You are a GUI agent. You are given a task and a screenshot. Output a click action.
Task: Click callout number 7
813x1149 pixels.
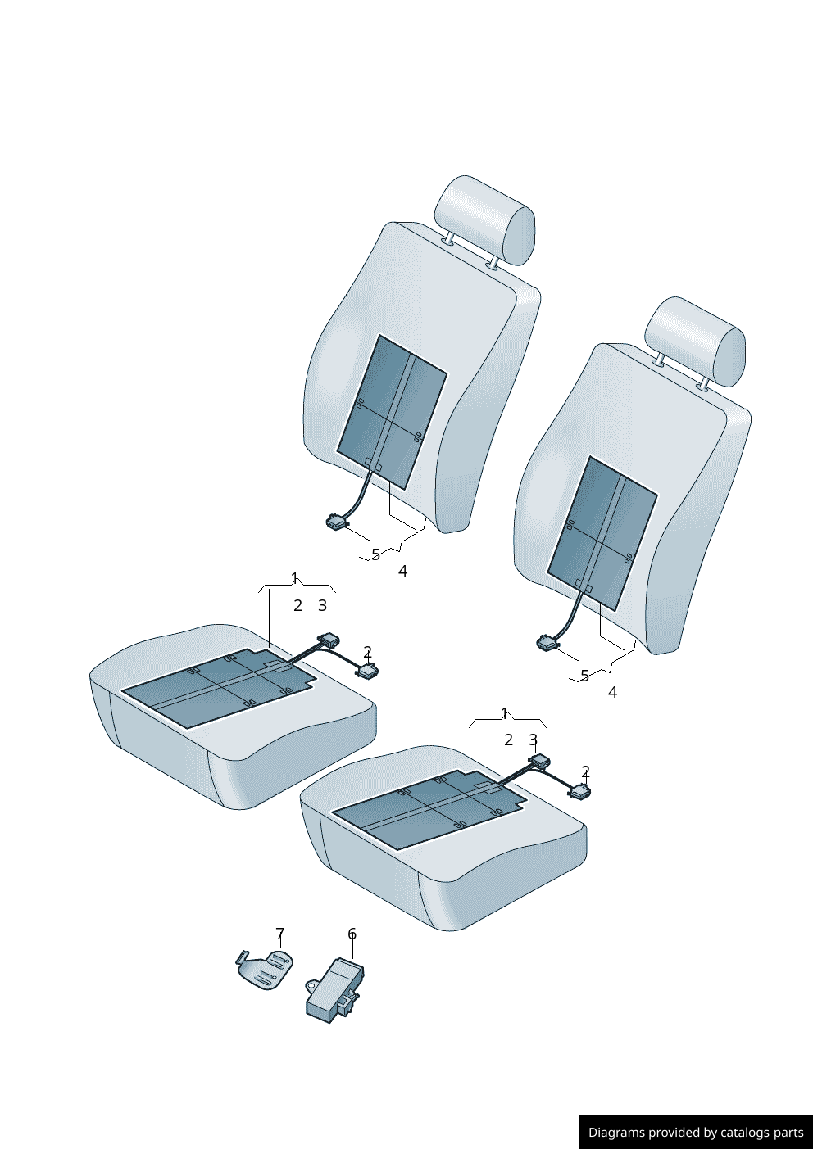[279, 933]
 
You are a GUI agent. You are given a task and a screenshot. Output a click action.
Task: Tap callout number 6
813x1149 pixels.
[352, 934]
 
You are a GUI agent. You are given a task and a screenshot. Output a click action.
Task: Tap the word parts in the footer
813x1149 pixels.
[789, 1133]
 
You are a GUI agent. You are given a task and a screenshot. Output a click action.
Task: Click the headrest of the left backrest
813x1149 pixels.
[484, 219]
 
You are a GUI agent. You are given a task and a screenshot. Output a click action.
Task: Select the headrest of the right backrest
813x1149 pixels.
[695, 342]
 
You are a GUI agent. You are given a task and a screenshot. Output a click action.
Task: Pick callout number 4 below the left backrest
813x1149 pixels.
[403, 571]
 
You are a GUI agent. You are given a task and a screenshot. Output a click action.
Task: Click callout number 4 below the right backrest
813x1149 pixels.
[612, 693]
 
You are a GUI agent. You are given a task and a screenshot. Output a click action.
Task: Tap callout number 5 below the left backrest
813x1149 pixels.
[375, 554]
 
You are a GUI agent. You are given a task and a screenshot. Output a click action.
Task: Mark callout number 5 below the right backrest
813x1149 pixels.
[584, 676]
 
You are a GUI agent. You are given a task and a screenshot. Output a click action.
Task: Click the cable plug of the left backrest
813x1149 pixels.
[337, 522]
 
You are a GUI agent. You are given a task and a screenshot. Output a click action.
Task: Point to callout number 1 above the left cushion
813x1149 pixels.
[294, 578]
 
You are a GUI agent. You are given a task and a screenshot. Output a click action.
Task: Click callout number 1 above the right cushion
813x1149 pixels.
[504, 713]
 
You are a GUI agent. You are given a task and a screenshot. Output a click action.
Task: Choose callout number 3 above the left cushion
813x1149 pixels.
[322, 606]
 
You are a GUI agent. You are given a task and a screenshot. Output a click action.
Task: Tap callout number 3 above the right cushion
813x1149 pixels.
[534, 740]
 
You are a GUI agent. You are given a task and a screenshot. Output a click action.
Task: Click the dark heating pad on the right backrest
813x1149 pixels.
[602, 533]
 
